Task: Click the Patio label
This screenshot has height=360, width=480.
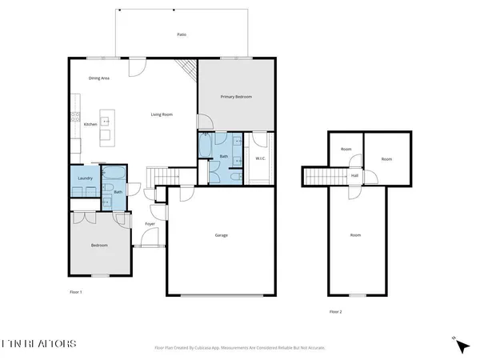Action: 182,35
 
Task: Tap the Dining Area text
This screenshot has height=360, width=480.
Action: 99,78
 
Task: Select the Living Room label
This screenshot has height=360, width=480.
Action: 162,114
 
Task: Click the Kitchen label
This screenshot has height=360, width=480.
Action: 90,123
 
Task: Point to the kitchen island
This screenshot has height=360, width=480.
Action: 105,126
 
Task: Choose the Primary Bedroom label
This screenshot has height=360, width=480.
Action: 236,96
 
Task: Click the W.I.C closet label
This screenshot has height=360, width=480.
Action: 261,158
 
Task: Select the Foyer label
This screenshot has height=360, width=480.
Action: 150,223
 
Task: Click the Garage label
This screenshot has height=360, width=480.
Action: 222,235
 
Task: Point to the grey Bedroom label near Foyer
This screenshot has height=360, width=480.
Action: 99,245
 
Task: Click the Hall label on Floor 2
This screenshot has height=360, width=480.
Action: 354,175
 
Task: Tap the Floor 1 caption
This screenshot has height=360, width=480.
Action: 76,293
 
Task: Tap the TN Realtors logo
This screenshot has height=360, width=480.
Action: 40,343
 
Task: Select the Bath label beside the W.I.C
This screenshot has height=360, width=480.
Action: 223,156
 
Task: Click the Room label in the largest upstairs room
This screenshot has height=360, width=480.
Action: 355,235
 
